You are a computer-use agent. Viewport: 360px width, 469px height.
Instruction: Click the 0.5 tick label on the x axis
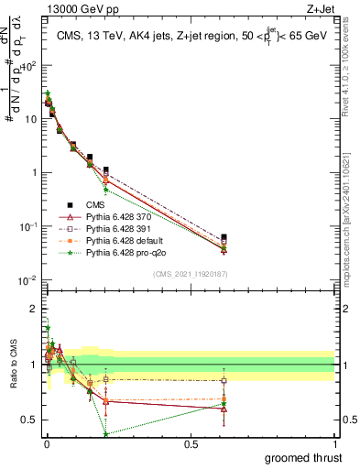pos(191,443)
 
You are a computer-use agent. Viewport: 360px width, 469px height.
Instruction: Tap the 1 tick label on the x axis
pos(334,443)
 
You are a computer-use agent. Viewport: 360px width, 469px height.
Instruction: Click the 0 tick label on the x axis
pos(47,443)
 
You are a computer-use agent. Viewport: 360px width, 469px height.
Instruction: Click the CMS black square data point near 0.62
pos(224,236)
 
